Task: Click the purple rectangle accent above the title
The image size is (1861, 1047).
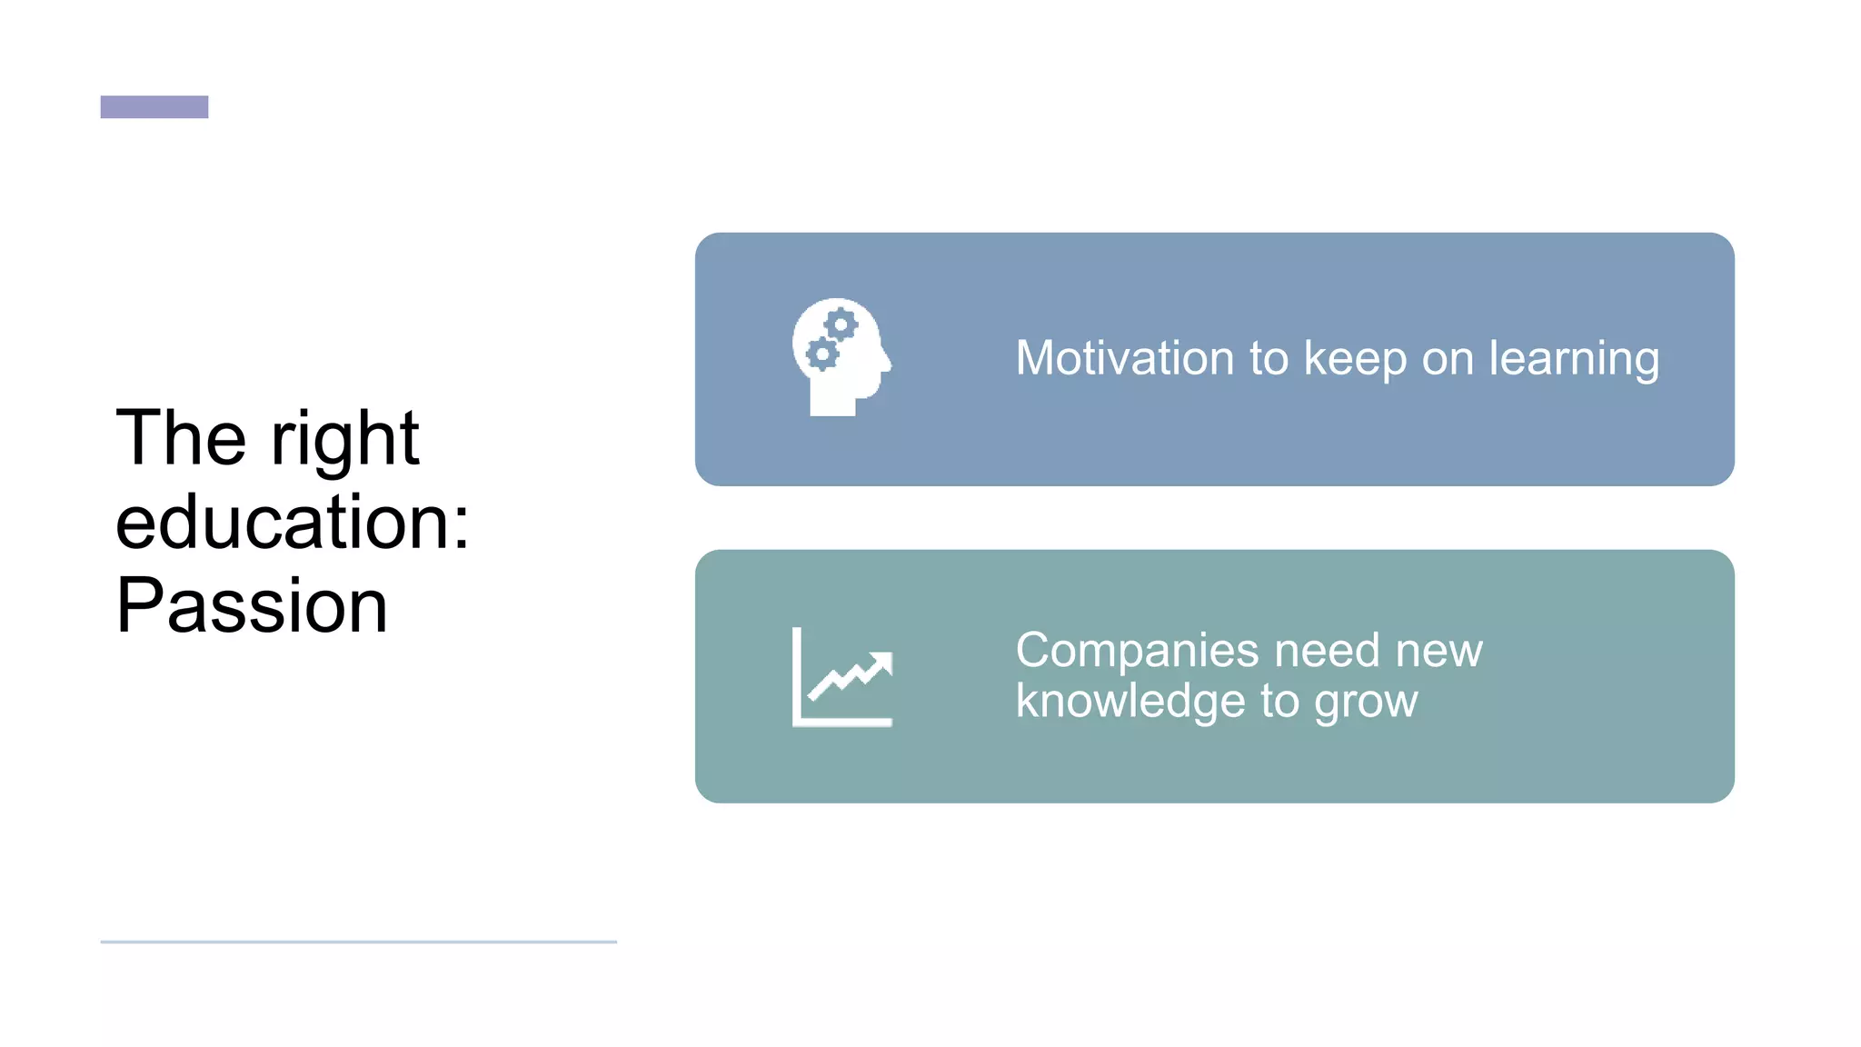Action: click(154, 107)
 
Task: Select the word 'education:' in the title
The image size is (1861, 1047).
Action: click(293, 523)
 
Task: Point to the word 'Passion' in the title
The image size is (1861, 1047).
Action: click(252, 605)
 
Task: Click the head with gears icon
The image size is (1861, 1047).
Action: click(841, 356)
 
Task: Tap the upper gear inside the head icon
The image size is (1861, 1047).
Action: click(841, 324)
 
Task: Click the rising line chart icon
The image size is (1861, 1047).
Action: click(842, 677)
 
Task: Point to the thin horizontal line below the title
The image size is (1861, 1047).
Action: click(358, 942)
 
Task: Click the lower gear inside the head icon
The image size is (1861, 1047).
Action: click(822, 354)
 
